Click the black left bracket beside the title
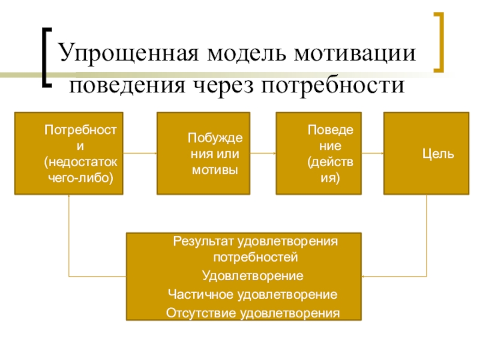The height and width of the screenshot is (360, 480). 47,56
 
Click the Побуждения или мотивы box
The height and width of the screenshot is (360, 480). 203,154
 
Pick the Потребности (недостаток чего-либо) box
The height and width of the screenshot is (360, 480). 68,154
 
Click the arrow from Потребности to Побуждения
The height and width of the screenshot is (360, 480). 140,154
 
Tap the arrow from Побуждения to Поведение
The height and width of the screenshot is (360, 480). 263,154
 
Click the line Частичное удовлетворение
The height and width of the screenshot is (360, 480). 252,295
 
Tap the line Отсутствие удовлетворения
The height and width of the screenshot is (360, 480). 253,313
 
